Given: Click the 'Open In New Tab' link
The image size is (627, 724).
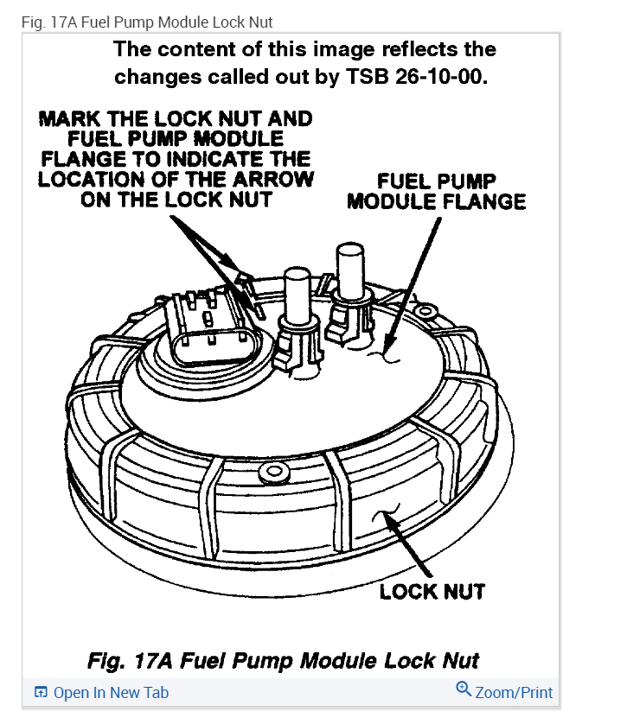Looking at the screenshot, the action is [x=110, y=693].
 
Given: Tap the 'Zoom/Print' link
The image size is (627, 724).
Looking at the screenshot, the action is [x=513, y=692].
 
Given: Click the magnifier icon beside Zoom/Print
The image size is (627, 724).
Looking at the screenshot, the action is [x=464, y=689].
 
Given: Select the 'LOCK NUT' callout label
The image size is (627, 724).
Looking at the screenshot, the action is [x=432, y=592].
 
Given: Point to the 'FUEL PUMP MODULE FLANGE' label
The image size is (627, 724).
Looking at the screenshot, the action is [x=436, y=192].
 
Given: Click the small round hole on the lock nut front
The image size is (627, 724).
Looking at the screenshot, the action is [x=276, y=471].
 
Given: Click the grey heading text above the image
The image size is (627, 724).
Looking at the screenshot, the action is [x=146, y=21].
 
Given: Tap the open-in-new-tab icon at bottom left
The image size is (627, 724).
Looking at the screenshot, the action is [x=40, y=693].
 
